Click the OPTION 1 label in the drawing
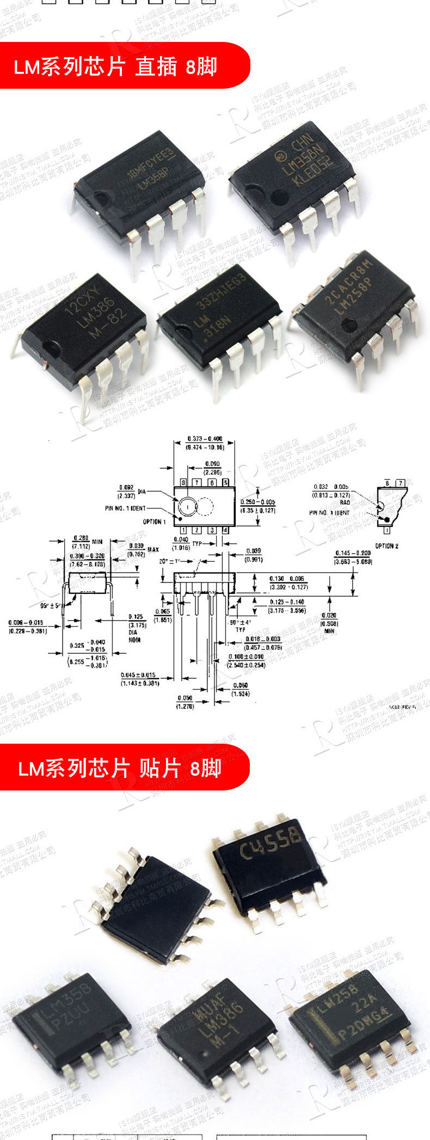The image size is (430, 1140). click(154, 522)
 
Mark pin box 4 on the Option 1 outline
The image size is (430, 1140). click(225, 530)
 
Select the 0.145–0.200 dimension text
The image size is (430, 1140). click(353, 553)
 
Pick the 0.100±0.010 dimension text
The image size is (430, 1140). click(247, 657)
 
